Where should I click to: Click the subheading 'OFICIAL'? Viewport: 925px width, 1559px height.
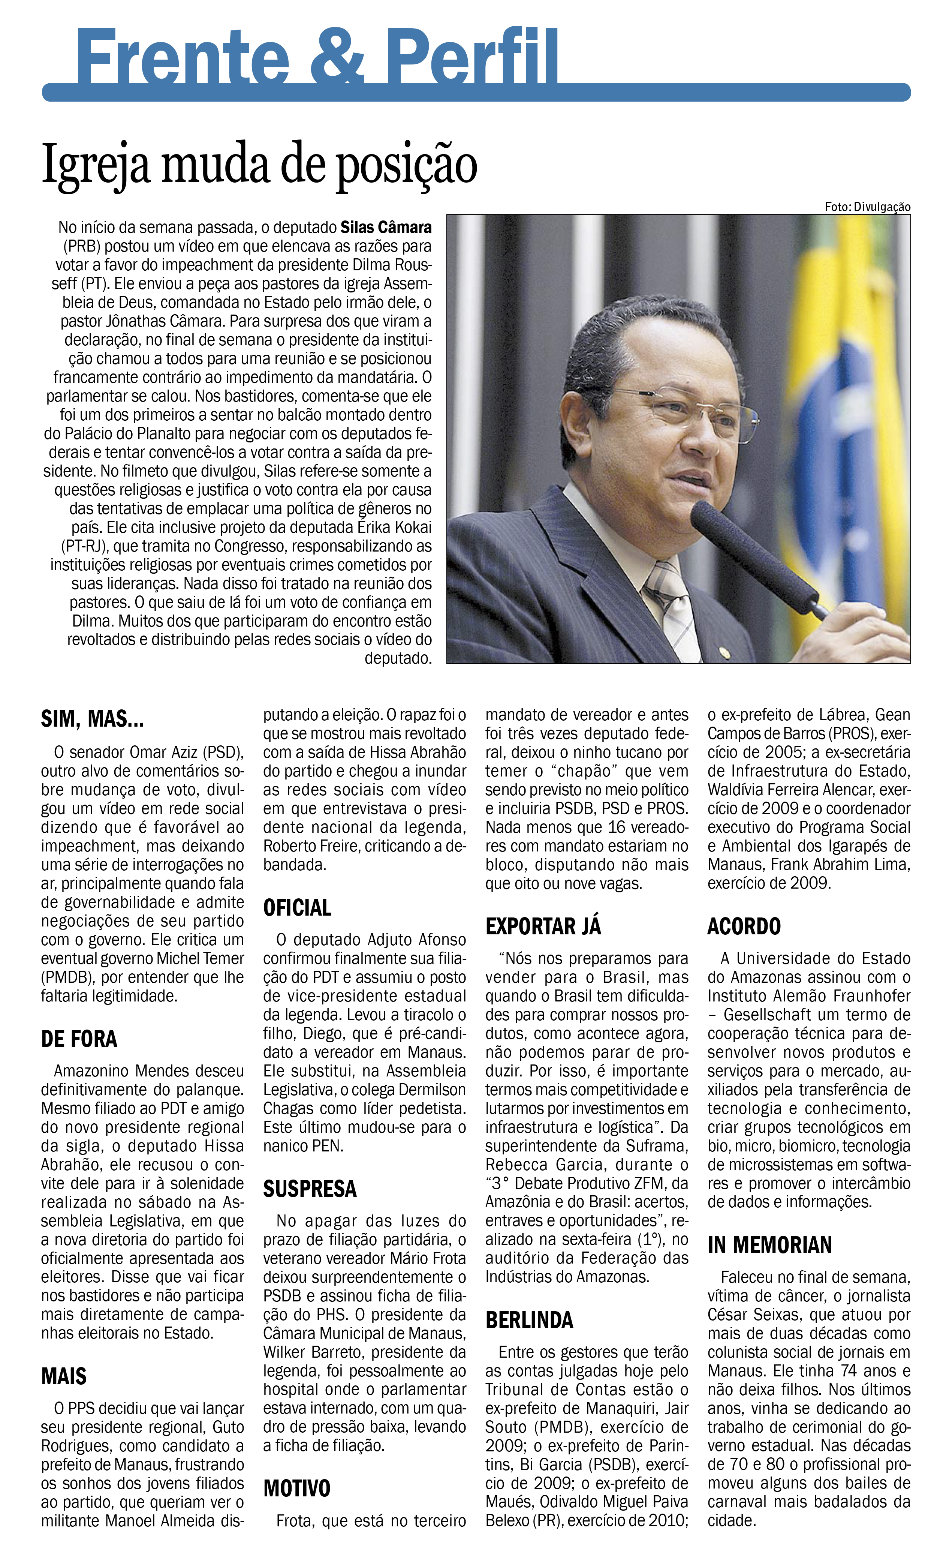(297, 908)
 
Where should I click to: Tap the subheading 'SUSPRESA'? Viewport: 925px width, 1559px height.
(310, 1189)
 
